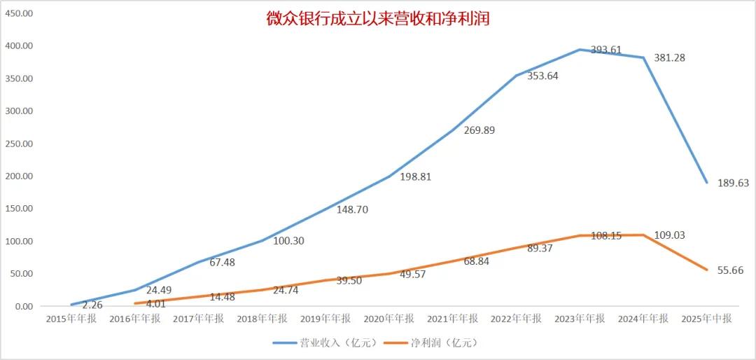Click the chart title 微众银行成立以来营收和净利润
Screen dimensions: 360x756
377,19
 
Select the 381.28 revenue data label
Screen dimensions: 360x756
669,57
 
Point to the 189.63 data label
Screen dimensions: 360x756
733,183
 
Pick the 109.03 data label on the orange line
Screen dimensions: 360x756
669,235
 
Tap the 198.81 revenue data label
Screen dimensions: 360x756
416,176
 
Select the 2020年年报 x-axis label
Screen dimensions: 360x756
388,319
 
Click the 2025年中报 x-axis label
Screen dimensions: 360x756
707,319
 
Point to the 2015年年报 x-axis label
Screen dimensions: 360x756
71,319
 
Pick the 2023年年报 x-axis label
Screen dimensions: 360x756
580,319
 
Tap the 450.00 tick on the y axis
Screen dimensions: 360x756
19,13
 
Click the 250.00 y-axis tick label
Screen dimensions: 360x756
19,144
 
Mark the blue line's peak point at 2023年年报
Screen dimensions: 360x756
580,50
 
